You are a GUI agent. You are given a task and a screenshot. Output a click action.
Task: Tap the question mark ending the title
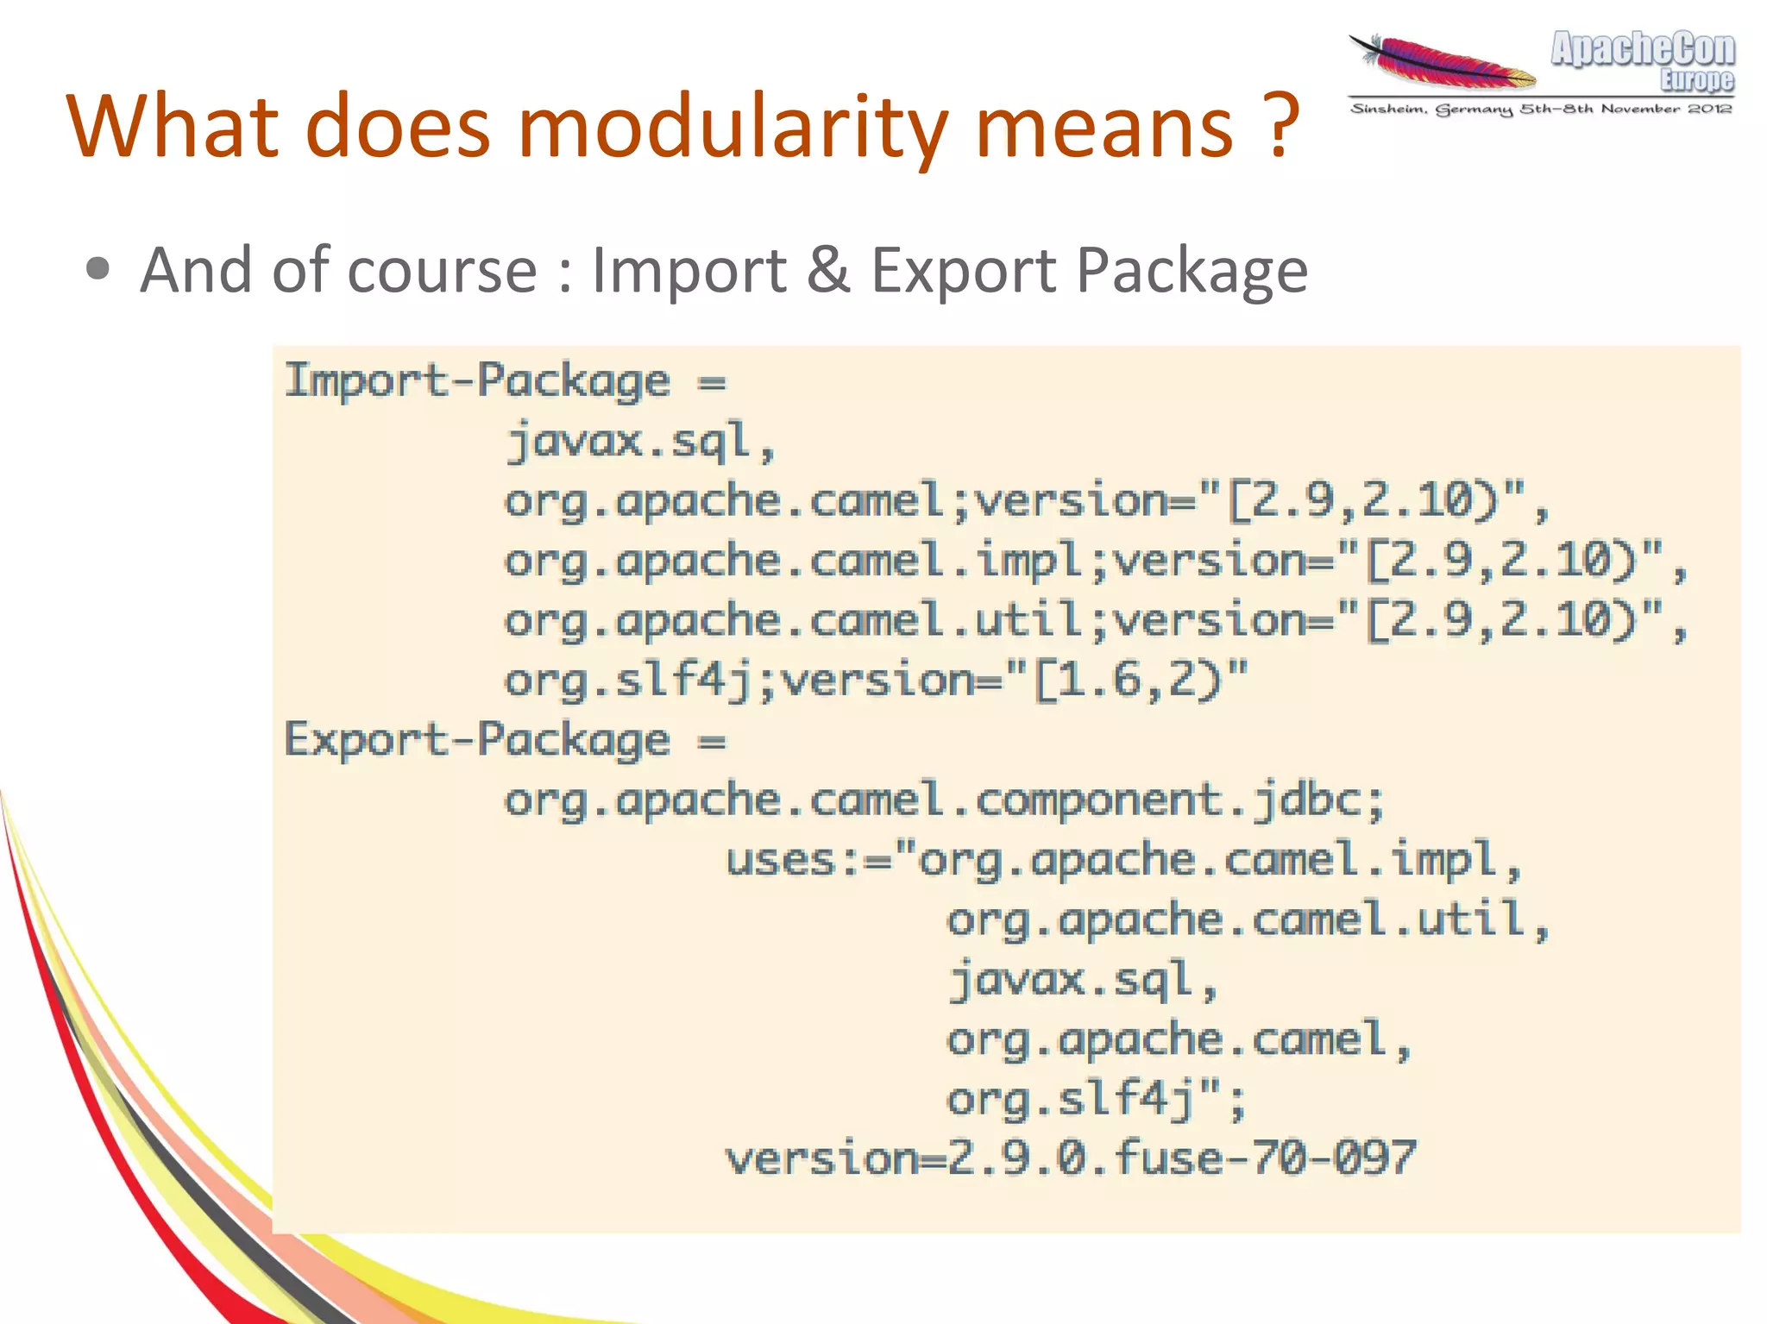[1283, 128]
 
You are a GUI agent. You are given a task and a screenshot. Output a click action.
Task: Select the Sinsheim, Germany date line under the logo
[1541, 110]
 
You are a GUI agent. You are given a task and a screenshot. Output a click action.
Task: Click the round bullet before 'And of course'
[98, 269]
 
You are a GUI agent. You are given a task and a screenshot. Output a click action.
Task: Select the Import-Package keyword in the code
[477, 380]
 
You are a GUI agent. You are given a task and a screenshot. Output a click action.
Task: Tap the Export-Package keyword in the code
[477, 740]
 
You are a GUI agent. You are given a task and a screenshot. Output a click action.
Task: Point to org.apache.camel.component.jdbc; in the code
[944, 800]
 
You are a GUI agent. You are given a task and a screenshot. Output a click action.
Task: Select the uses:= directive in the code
[807, 860]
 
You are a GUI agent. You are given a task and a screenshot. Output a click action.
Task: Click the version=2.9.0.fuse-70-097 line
[1070, 1158]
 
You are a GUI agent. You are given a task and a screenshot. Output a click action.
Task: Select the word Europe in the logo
[1696, 81]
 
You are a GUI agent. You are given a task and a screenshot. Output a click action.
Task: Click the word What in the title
[173, 128]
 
